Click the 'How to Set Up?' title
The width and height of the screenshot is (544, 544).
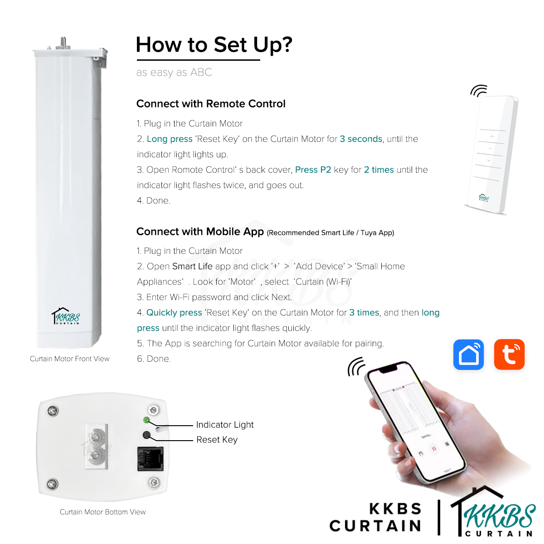pyautogui.click(x=214, y=45)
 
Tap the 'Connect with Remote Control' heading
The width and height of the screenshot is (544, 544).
pyautogui.click(x=211, y=104)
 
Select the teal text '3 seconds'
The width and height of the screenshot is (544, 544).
pyautogui.click(x=361, y=139)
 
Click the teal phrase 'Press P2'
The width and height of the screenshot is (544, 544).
pyautogui.click(x=313, y=170)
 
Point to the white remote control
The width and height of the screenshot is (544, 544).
pyautogui.click(x=491, y=154)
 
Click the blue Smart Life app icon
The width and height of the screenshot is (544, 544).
pyautogui.click(x=468, y=355)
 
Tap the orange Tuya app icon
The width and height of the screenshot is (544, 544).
pyautogui.click(x=509, y=355)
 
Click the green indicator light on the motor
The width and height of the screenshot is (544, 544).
pyautogui.click(x=146, y=420)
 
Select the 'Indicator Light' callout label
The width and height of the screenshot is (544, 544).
pyautogui.click(x=225, y=425)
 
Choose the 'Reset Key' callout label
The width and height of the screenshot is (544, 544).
pyautogui.click(x=217, y=440)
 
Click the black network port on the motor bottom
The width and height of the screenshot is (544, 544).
pyautogui.click(x=150, y=459)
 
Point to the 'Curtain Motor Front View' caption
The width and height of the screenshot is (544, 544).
pyautogui.click(x=69, y=359)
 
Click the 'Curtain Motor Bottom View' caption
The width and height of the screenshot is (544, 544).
pyautogui.click(x=102, y=512)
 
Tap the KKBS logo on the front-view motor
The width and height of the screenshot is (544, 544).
pyautogui.click(x=66, y=316)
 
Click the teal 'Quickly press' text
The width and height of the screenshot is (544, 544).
pyautogui.click(x=174, y=313)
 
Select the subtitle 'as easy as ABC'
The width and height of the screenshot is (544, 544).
pyautogui.click(x=174, y=73)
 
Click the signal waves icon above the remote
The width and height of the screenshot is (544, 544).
pyautogui.click(x=478, y=91)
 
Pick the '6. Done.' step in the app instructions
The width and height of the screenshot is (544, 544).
pyautogui.click(x=154, y=359)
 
